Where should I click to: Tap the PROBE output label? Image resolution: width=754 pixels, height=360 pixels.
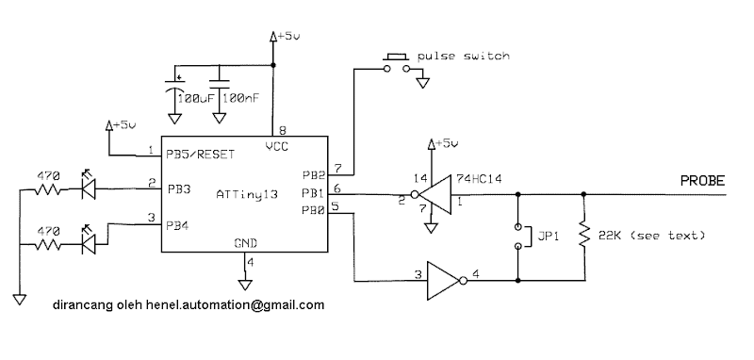(x=702, y=180)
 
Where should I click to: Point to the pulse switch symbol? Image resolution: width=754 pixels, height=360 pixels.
(x=397, y=62)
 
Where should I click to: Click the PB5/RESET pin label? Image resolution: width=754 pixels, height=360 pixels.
(x=200, y=154)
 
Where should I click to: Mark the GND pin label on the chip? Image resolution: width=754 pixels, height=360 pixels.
(x=245, y=243)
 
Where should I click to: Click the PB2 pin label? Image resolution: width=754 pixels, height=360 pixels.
(x=313, y=175)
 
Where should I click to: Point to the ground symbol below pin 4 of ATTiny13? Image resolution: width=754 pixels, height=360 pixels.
(x=245, y=284)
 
